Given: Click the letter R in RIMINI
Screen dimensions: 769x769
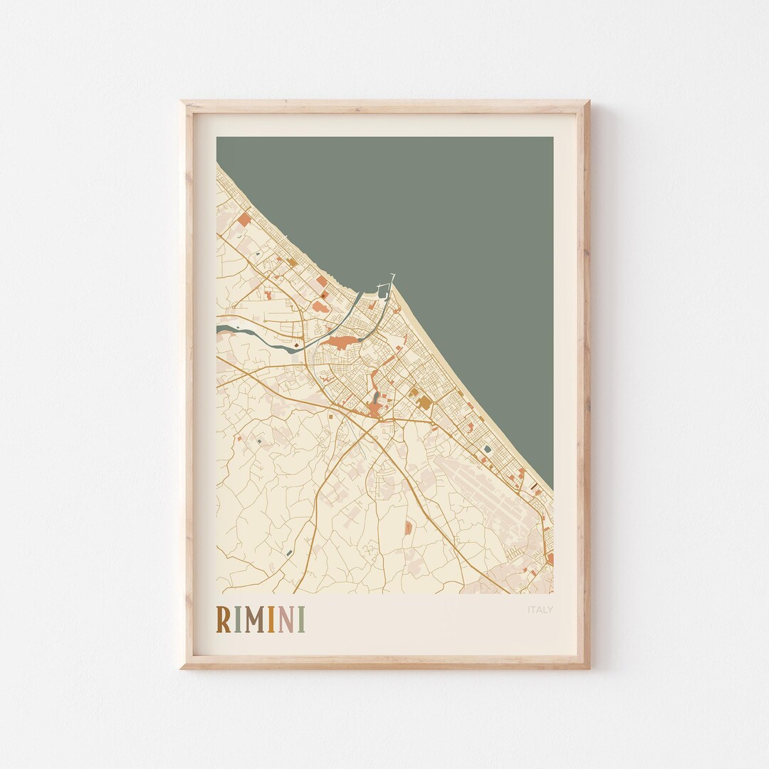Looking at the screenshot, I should pyautogui.click(x=223, y=619).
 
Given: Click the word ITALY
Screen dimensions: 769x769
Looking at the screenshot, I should pyautogui.click(x=540, y=610).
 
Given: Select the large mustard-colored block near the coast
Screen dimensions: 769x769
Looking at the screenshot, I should pyautogui.click(x=424, y=402).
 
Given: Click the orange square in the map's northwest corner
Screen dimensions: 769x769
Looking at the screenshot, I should pyautogui.click(x=244, y=220).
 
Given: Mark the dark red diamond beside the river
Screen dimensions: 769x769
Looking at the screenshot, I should pyautogui.click(x=295, y=346).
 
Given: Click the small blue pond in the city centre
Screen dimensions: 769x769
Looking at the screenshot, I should pyautogui.click(x=375, y=397).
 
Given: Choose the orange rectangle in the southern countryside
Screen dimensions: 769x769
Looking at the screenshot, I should pyautogui.click(x=408, y=528).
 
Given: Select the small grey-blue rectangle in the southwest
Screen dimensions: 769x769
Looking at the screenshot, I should pyautogui.click(x=288, y=553).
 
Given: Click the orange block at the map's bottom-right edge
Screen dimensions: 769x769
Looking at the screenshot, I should pyautogui.click(x=550, y=559).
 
